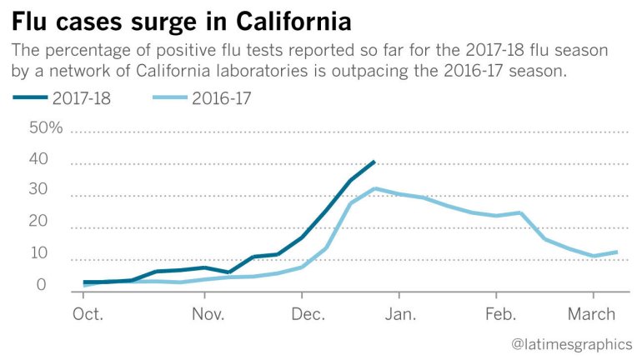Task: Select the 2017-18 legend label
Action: point(83,99)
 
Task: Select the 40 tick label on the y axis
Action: point(38,160)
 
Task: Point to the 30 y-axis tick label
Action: point(38,191)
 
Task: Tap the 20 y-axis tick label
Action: point(38,222)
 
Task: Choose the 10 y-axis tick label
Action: point(38,254)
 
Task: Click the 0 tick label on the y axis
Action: point(42,285)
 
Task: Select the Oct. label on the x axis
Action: point(88,314)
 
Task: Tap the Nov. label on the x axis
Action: point(208,314)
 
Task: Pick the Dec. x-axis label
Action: point(308,314)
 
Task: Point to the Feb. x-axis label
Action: point(500,314)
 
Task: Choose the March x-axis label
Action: point(593,314)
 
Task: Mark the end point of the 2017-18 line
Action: point(374,161)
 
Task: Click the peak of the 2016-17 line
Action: point(376,188)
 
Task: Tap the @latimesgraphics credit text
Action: point(571,343)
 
